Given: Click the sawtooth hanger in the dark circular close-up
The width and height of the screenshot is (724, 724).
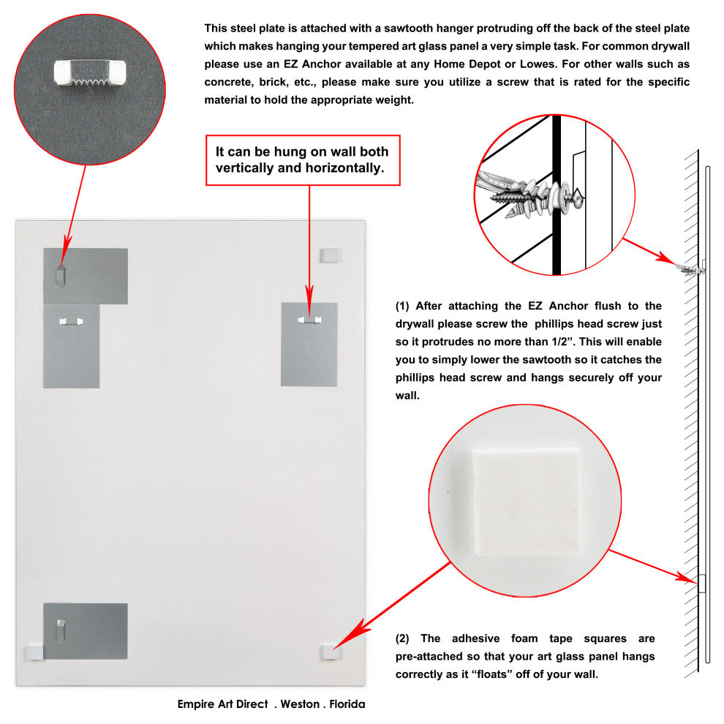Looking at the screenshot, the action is coord(90,73).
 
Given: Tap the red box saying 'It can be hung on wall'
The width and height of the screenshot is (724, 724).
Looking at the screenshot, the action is coord(303,160).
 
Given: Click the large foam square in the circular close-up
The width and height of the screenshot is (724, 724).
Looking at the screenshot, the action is coord(526,501).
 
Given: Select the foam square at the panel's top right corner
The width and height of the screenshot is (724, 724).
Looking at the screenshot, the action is coord(331,255).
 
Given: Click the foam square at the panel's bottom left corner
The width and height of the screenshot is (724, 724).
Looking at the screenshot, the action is coord(34,652).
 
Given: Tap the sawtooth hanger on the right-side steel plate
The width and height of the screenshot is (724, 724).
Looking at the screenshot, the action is coord(309,320).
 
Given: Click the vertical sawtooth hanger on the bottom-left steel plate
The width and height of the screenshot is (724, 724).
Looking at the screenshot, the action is coord(61,630).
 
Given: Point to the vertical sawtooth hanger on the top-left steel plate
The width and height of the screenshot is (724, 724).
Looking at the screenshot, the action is coord(61,276).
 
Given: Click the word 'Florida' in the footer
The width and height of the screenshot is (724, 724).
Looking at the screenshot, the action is coord(347,704).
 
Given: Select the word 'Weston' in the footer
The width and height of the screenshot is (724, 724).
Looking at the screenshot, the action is coord(300,704).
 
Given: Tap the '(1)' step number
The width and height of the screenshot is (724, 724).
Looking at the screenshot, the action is coord(402,306).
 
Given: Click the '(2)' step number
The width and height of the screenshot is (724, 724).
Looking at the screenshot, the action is coord(402,638).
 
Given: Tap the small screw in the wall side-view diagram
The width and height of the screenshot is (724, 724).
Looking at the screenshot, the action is coord(691,269).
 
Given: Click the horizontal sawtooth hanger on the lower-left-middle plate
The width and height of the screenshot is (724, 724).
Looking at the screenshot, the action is coord(71,321).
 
